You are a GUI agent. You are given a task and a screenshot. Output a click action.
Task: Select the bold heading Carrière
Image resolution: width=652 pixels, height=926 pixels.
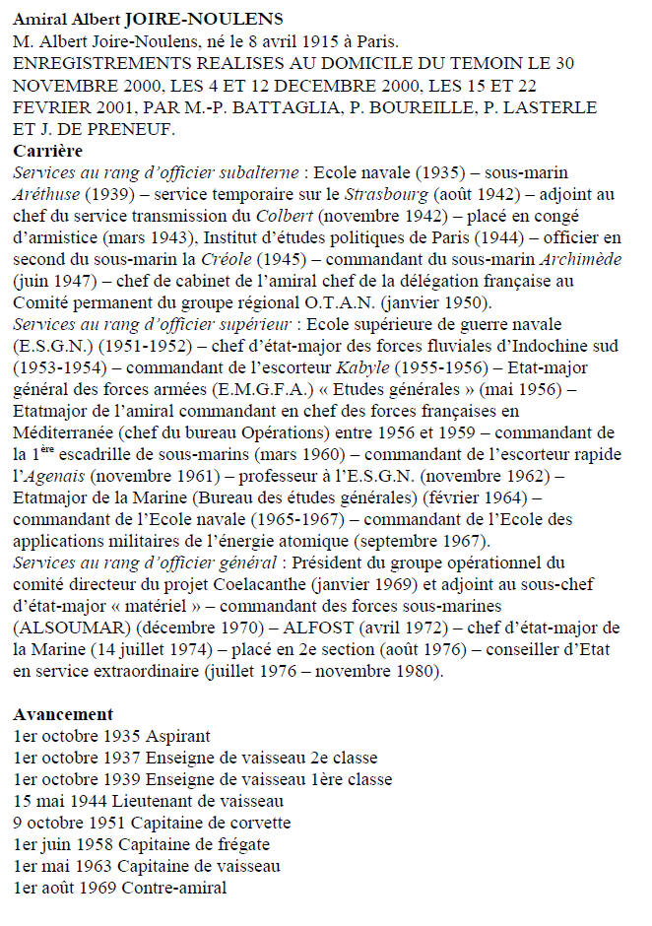click(x=48, y=151)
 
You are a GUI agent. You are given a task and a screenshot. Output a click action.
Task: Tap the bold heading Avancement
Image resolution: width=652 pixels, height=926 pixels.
click(x=63, y=714)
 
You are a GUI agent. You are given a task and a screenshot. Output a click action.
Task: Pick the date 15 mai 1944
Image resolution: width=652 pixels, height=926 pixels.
click(x=46, y=801)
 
